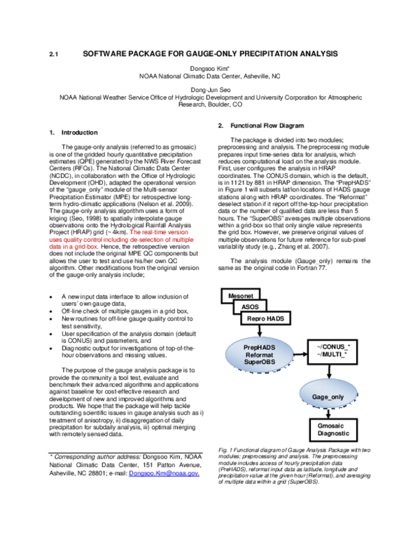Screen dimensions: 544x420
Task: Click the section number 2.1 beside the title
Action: [53, 54]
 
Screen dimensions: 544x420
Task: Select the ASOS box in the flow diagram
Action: [251, 306]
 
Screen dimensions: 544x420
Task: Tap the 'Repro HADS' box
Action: [265, 318]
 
